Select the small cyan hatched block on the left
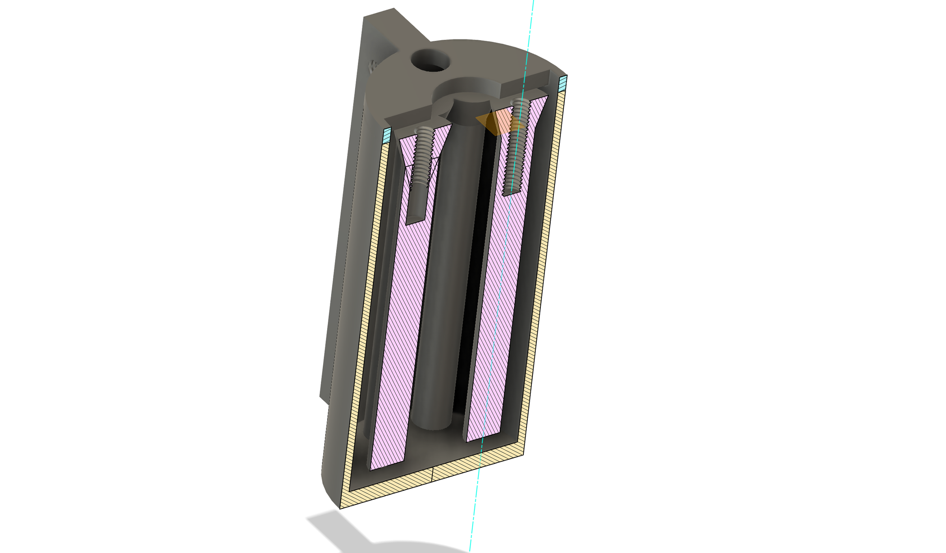(x=387, y=135)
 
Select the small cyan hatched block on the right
(x=563, y=83)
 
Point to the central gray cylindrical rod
(x=445, y=276)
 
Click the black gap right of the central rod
(x=473, y=276)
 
